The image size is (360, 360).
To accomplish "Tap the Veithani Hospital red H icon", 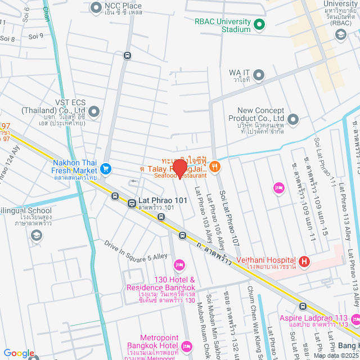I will pyautogui.click(x=304, y=261).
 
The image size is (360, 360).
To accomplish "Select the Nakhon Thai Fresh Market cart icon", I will pyautogui.click(x=105, y=168).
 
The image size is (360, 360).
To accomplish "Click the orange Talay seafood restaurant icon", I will pyautogui.click(x=214, y=166).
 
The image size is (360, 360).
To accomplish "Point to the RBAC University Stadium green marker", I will pyautogui.click(x=259, y=25).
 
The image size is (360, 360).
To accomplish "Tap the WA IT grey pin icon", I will pyautogui.click(x=259, y=75).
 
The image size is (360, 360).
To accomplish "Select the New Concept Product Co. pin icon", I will pyautogui.click(x=293, y=119).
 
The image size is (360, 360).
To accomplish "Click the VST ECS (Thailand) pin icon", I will pyautogui.click(x=94, y=112).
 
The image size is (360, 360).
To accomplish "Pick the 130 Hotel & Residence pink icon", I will pyautogui.click(x=179, y=264).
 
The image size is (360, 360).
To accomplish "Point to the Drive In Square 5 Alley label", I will pyautogui.click(x=136, y=250).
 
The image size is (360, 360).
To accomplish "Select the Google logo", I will pyautogui.click(x=19, y=353).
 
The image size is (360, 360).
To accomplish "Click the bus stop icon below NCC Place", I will pyautogui.click(x=128, y=55).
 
